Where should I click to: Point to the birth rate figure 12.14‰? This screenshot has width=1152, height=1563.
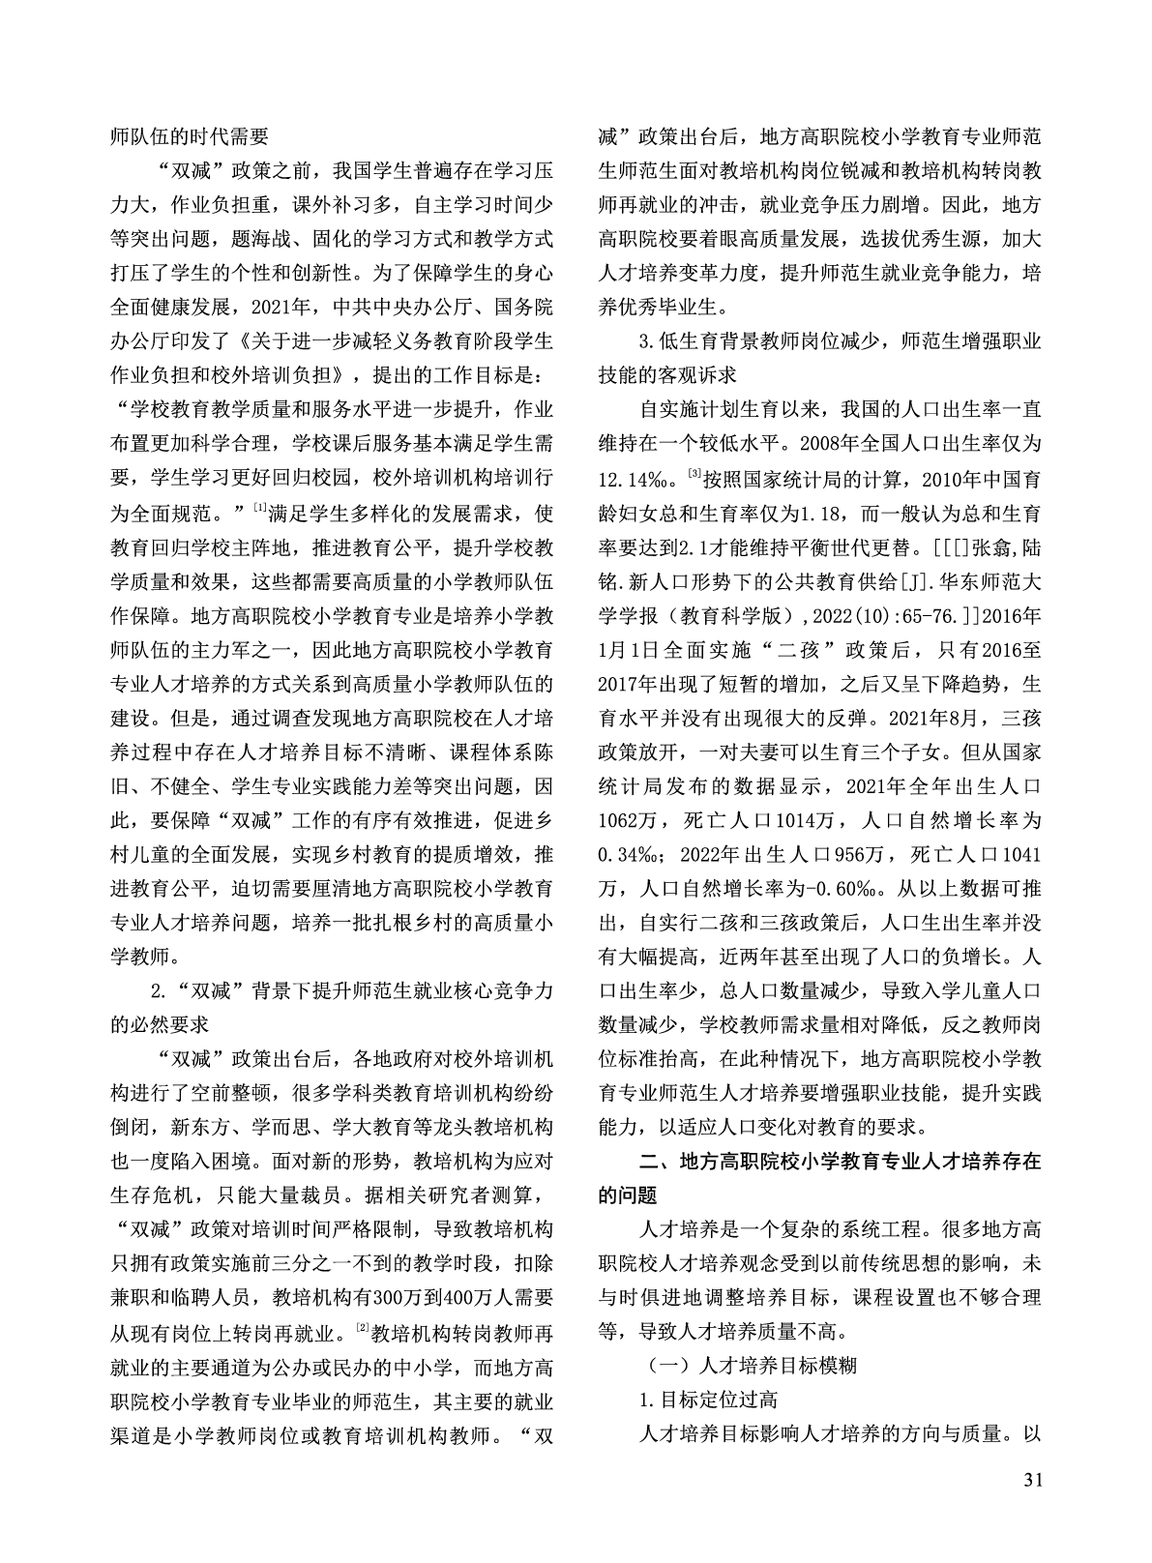click(634, 480)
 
